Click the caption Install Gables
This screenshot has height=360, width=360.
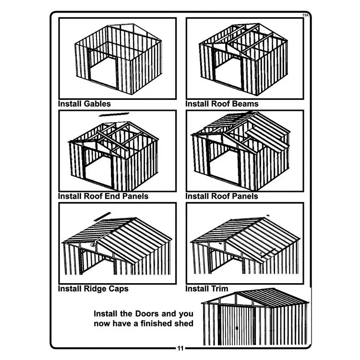[84, 104]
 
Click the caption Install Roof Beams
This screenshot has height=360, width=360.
[222, 104]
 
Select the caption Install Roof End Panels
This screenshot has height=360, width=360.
[103, 196]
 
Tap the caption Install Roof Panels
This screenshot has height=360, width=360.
[221, 196]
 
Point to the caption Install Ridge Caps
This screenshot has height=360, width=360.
[93, 289]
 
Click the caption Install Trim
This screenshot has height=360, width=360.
[207, 289]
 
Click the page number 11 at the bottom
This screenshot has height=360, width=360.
[180, 348]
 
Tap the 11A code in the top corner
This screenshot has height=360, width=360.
[305, 15]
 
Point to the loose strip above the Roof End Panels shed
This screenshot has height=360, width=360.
[114, 114]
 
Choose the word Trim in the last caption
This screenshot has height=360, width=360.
[219, 289]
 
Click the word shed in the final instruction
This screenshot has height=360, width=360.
[184, 324]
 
